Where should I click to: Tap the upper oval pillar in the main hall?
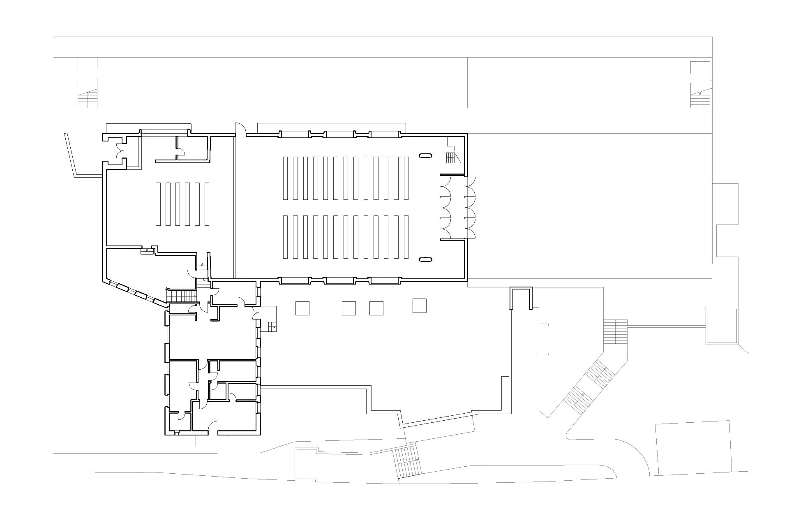click(x=425, y=155)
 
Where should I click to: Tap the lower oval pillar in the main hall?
click(x=425, y=259)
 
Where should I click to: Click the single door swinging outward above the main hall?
click(x=240, y=129)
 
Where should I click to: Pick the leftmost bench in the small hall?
click(x=158, y=204)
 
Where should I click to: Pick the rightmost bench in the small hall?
click(x=207, y=204)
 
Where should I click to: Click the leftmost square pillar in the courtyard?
click(x=302, y=308)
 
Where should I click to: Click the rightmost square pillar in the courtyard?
click(x=420, y=306)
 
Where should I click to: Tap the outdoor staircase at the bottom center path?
click(x=408, y=462)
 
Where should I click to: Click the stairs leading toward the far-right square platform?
click(x=615, y=331)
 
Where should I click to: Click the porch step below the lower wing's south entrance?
click(x=212, y=440)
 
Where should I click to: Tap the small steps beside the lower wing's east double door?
click(x=272, y=327)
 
